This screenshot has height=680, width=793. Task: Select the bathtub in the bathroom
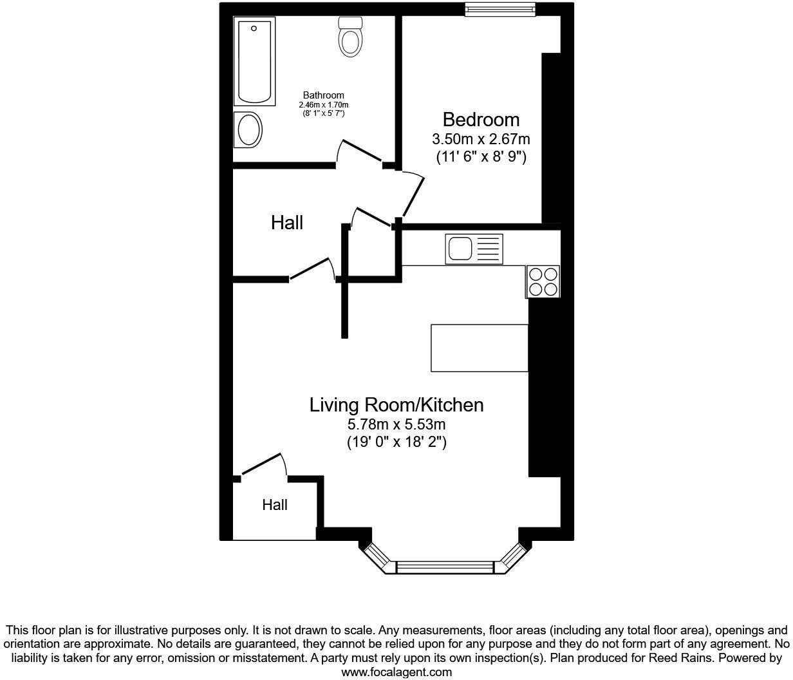point(254,62)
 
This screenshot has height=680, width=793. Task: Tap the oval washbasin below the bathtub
point(248,131)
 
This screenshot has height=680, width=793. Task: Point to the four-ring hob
point(543,281)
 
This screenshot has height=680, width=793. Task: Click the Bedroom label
point(481,120)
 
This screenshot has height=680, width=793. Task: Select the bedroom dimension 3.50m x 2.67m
point(481,138)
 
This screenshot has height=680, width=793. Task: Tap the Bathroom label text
point(323,95)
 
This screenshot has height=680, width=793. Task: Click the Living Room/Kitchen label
point(397,405)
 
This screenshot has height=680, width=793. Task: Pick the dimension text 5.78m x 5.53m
point(397,424)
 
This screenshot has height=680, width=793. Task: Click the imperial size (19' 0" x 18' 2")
point(397,442)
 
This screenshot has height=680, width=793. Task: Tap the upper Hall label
point(287,223)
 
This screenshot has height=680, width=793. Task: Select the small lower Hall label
point(275,505)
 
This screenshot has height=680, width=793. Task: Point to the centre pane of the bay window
point(445,567)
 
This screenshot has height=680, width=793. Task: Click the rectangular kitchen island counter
point(479,348)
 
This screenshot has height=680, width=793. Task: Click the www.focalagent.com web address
point(397,672)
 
